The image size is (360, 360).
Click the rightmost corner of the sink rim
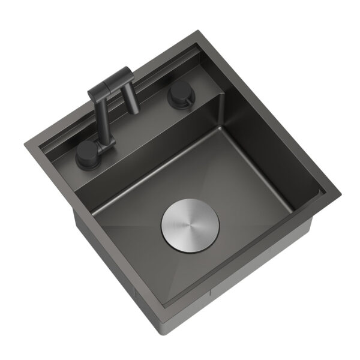click(340, 191)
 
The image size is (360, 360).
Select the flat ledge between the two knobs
click(144, 129)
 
